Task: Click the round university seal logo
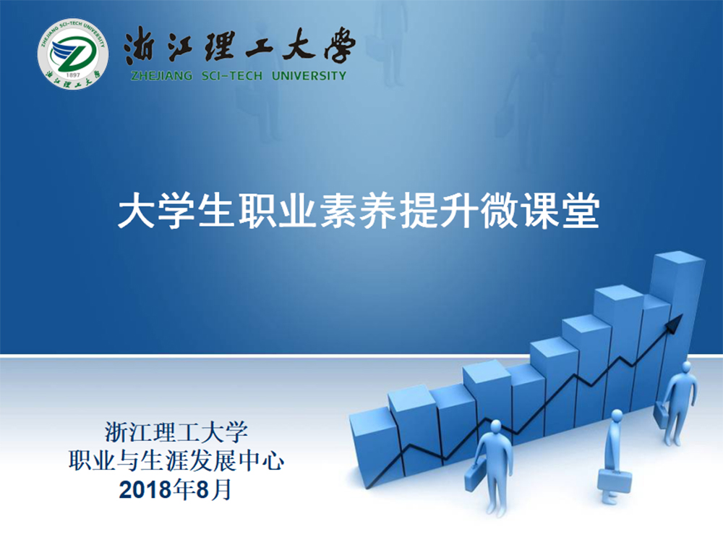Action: pos(73,54)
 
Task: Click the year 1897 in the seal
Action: pos(73,75)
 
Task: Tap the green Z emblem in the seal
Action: pos(73,52)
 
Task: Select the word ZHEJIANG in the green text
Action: pos(161,76)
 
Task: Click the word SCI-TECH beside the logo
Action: pos(232,76)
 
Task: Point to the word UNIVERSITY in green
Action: pos(309,76)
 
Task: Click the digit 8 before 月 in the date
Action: pos(203,489)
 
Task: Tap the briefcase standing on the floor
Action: pos(615,481)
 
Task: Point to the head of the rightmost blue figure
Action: pos(687,368)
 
